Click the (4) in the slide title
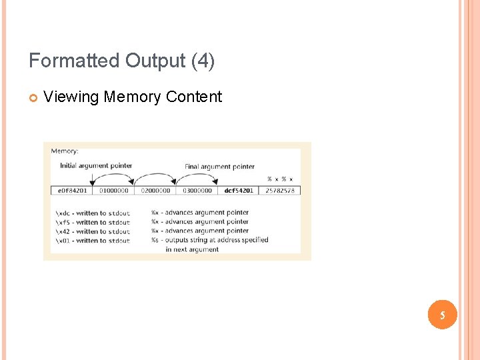[203, 61]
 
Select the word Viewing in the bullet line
[71, 97]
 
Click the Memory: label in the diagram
[65, 151]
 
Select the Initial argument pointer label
[96, 165]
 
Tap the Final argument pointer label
[219, 166]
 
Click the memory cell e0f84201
[72, 191]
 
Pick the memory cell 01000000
[113, 191]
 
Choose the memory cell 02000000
[155, 191]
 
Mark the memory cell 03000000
[197, 191]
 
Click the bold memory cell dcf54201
[238, 191]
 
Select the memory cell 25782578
[280, 191]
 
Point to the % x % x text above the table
[280, 179]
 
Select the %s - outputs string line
[209, 240]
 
